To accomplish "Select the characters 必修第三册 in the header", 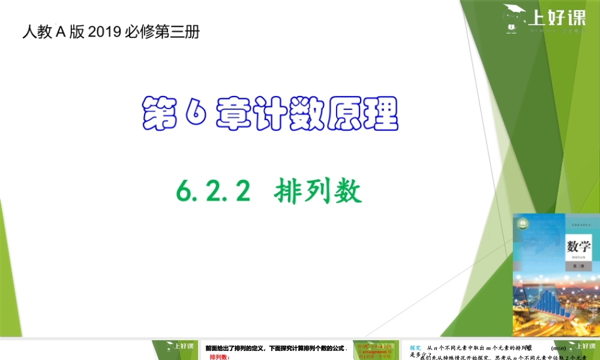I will (x=163, y=32).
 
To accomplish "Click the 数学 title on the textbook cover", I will (x=579, y=247).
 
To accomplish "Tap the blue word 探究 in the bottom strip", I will (x=415, y=347).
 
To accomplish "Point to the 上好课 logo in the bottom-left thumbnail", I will (x=180, y=347).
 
